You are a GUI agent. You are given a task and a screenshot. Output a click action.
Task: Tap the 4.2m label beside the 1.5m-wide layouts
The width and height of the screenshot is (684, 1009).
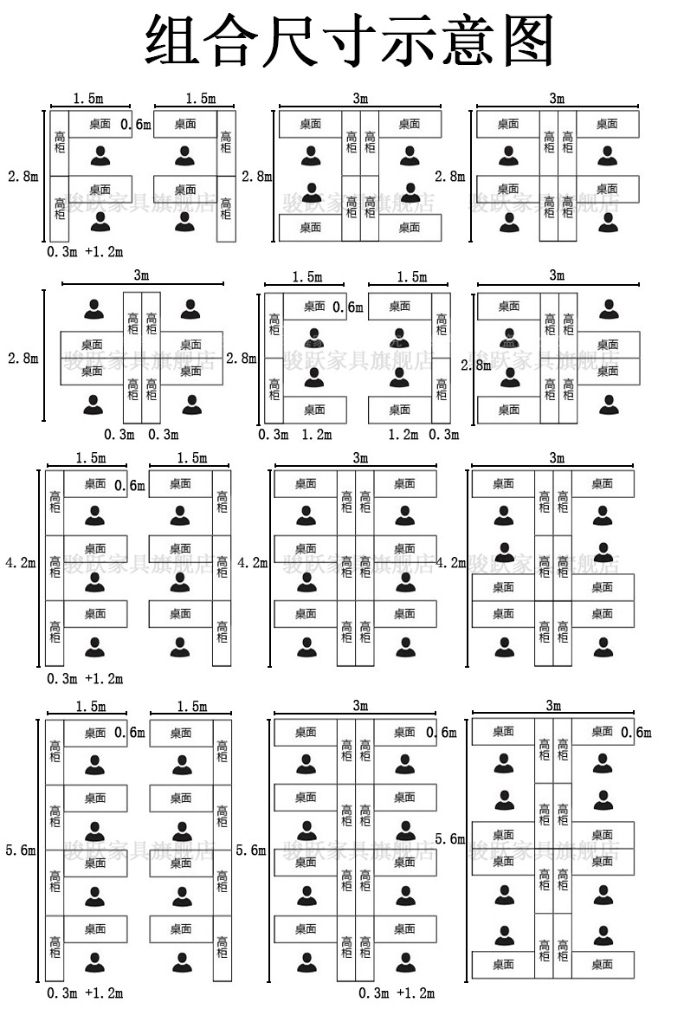[21, 563]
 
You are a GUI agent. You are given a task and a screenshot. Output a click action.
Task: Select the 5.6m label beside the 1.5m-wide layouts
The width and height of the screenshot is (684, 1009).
[21, 851]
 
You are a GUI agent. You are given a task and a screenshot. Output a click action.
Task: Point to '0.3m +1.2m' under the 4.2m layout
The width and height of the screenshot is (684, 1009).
[84, 678]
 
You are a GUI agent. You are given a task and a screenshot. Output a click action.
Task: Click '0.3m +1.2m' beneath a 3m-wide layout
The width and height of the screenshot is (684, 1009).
[396, 993]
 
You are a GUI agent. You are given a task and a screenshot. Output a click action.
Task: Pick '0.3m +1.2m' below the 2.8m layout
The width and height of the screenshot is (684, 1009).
[84, 252]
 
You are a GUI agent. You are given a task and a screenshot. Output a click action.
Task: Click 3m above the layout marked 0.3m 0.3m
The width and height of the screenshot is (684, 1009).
[141, 275]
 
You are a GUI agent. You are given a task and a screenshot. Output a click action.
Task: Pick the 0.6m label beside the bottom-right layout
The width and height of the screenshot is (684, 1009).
[636, 733]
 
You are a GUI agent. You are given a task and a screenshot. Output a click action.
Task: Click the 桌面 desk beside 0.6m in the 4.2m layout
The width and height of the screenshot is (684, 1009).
[96, 484]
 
